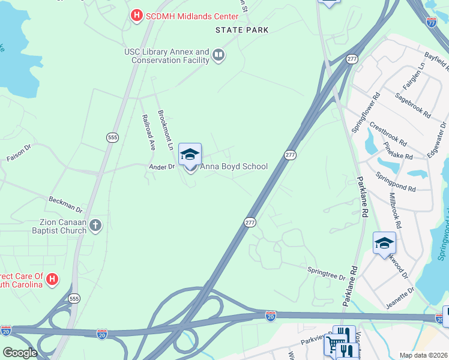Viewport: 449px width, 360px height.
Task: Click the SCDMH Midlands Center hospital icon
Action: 137,14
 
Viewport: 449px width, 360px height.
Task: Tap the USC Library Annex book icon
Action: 218,56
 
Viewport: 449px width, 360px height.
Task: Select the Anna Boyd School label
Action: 234,166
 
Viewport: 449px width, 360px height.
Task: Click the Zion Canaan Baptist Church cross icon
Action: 95,226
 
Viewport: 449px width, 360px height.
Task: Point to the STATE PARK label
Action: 242,30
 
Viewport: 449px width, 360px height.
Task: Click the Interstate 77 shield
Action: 431,22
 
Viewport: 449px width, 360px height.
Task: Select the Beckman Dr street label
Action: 65,204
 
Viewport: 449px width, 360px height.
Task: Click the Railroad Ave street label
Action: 148,132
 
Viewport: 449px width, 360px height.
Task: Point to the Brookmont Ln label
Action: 165,129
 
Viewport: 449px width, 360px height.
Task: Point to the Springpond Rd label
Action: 396,182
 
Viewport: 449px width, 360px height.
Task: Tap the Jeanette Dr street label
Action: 400,298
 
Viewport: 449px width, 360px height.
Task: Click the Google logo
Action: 20,353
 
